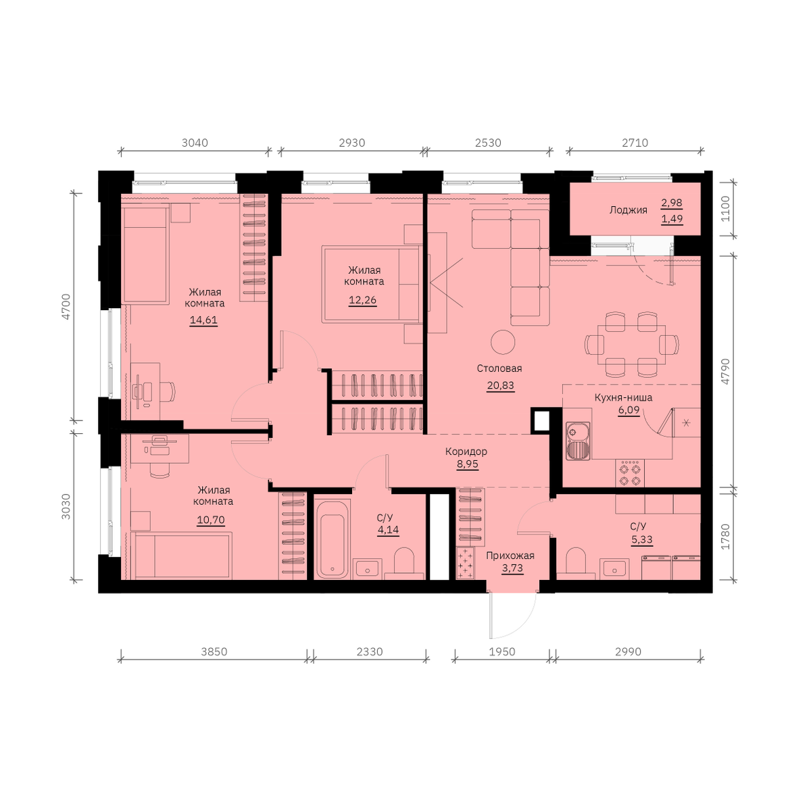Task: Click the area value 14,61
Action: [203, 320]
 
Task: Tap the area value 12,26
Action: [362, 300]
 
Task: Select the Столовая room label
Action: [499, 368]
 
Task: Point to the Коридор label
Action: [466, 451]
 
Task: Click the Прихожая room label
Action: [510, 556]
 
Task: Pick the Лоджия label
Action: [628, 210]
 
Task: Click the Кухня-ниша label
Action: [623, 397]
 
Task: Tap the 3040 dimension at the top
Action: [195, 143]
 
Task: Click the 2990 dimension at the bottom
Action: [628, 652]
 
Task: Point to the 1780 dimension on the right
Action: [725, 537]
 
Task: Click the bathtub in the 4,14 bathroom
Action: [333, 539]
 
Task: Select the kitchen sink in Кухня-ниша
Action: [579, 441]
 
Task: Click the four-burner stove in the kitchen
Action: [630, 474]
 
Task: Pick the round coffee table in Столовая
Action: [503, 342]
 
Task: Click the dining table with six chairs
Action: [631, 345]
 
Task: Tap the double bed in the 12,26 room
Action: [372, 285]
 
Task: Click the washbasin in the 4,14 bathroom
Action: [368, 569]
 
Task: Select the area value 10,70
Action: [211, 520]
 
